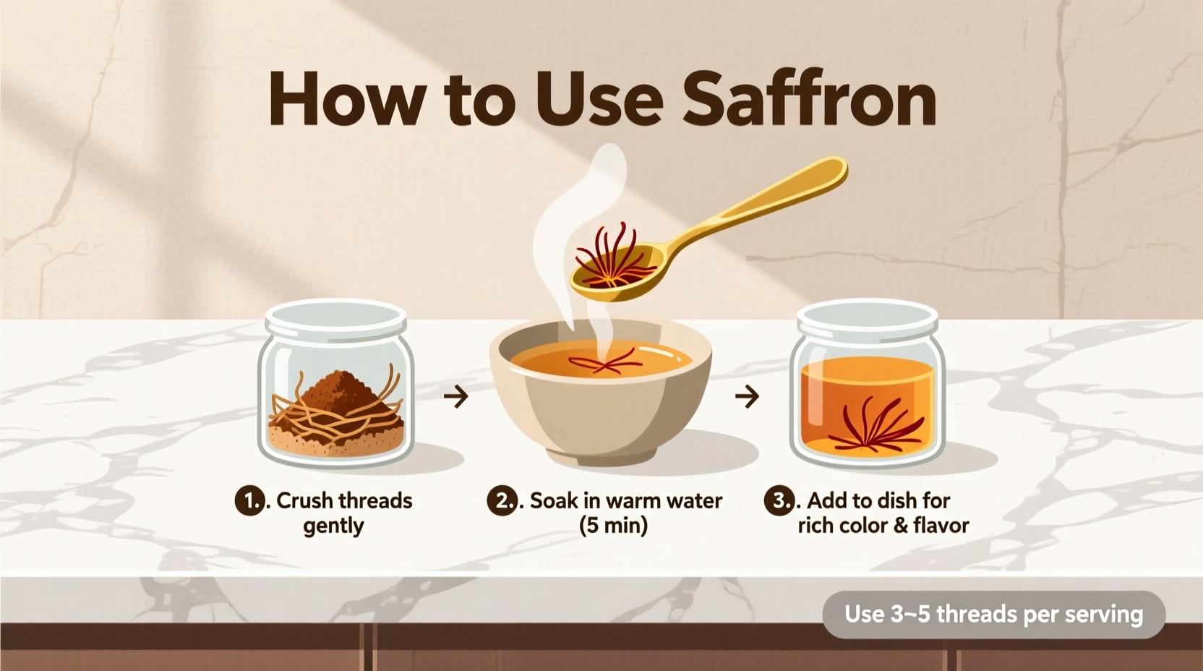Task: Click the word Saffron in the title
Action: click(x=810, y=100)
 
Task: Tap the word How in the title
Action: click(x=346, y=100)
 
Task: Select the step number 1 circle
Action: click(x=249, y=500)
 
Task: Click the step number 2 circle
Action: click(x=501, y=500)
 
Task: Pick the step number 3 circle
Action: click(x=779, y=500)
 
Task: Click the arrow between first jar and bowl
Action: click(x=456, y=396)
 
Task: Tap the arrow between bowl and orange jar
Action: click(x=747, y=396)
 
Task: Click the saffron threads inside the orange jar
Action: click(x=875, y=427)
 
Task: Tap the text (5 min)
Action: click(x=613, y=526)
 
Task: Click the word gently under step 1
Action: click(x=333, y=526)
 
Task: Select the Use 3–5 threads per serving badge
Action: click(x=993, y=615)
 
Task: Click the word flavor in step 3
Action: click(x=941, y=526)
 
